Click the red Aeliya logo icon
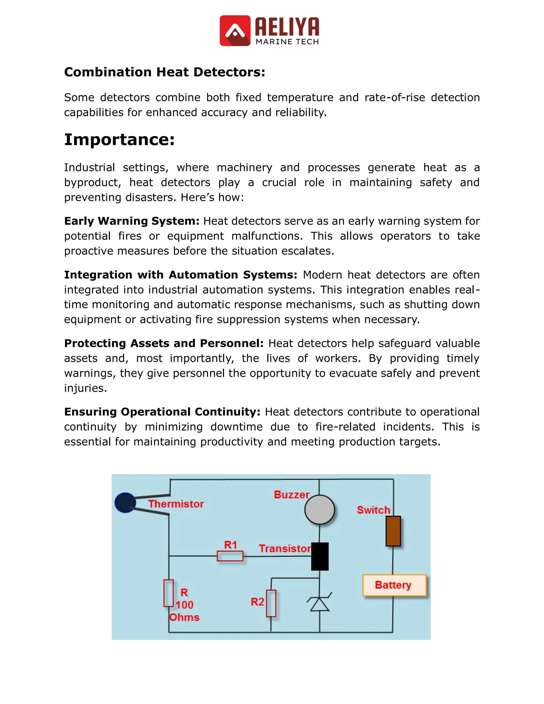coord(235,31)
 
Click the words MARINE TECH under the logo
coord(287,42)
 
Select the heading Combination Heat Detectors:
coord(164,72)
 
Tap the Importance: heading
coord(119,139)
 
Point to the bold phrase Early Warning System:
coord(132,221)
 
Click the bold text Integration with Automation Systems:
coord(180,275)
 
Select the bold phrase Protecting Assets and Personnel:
coord(164,343)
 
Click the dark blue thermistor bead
coord(125,503)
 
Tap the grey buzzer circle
coord(319,510)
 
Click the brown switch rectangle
coord(393,531)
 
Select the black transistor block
coord(320,556)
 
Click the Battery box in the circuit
coord(394,585)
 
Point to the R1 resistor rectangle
coord(230,556)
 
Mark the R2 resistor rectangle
coord(271,603)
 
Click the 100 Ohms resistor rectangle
coord(169,593)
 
